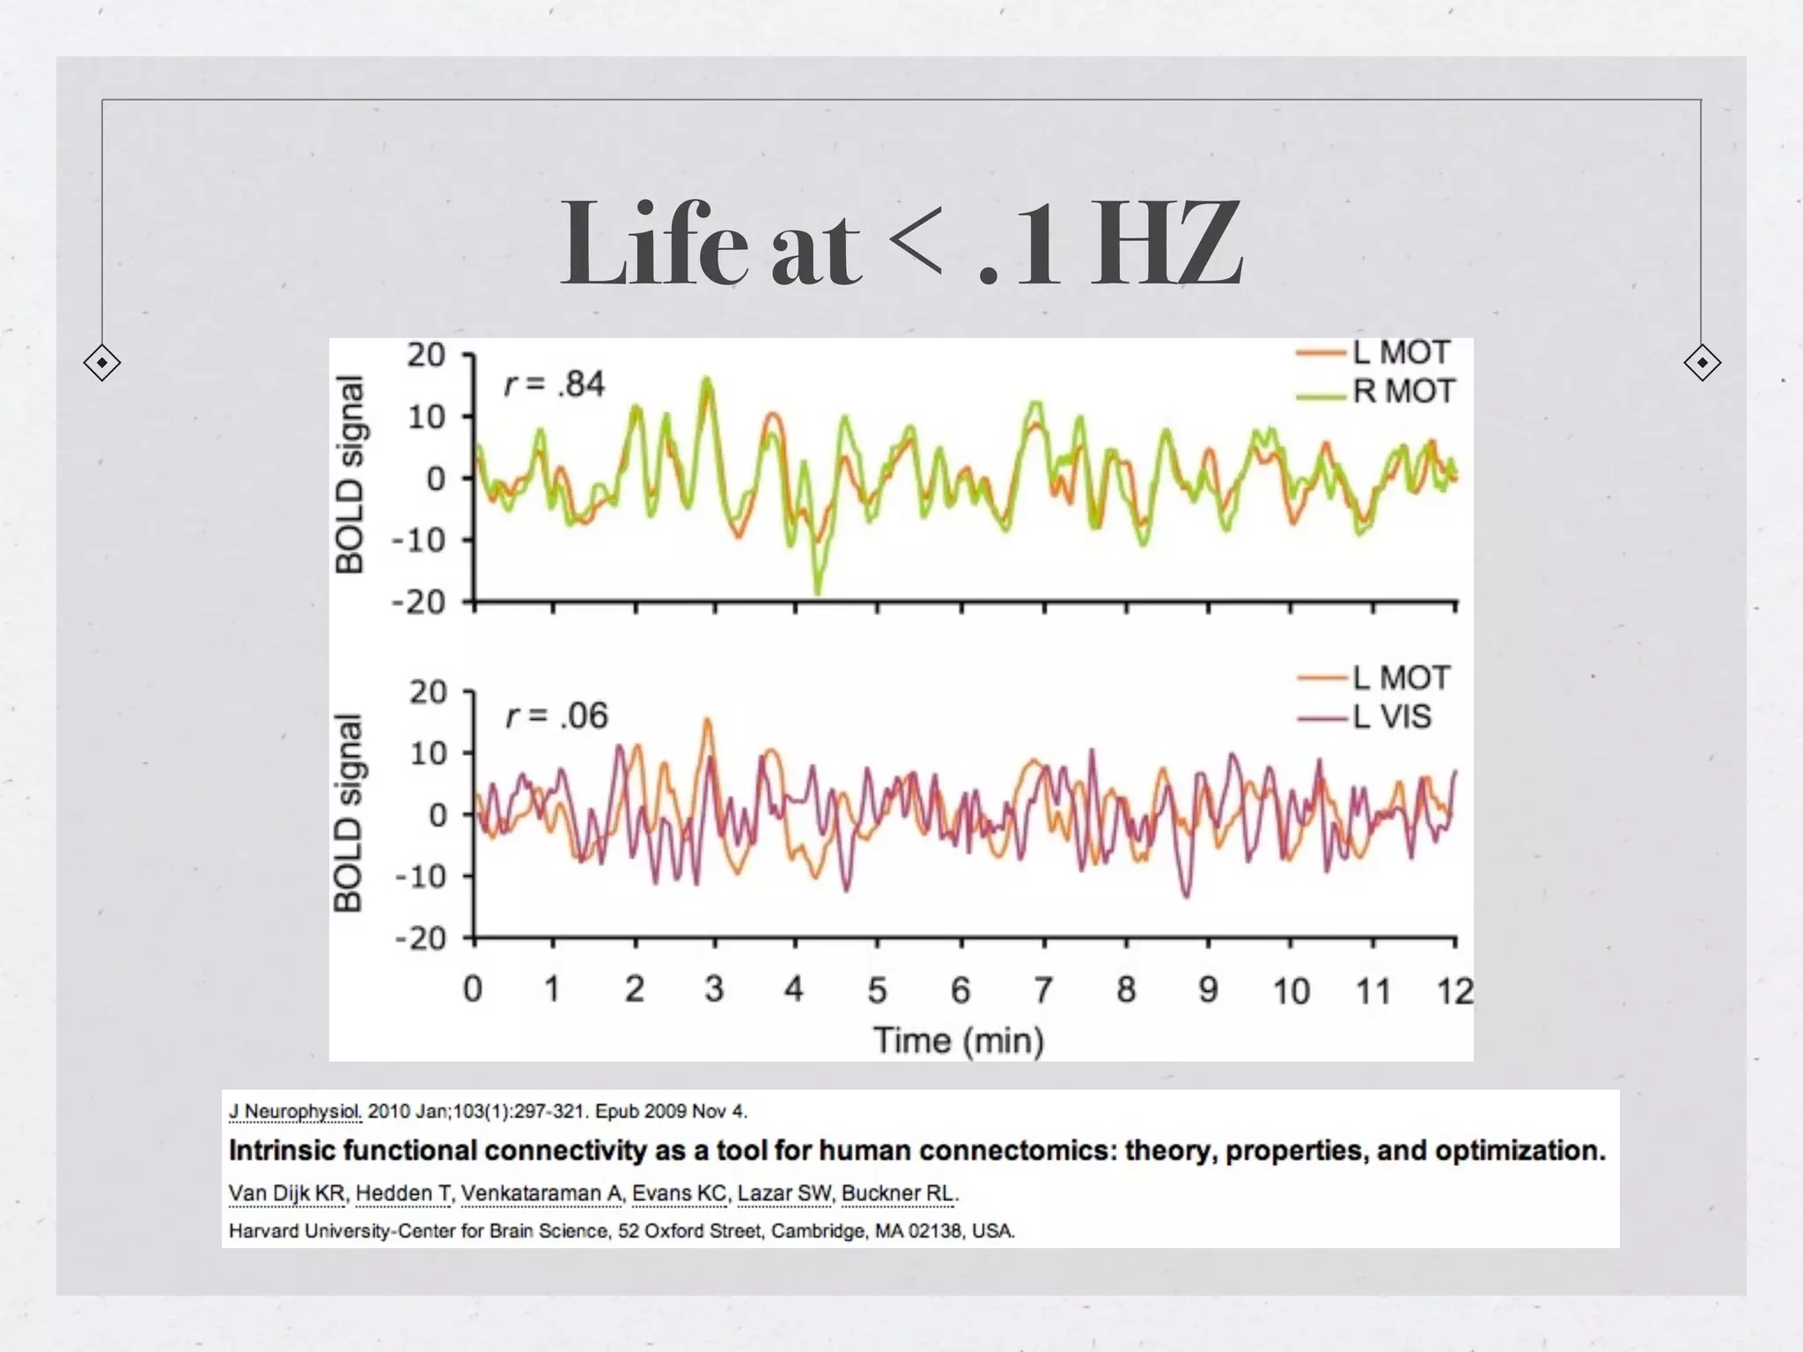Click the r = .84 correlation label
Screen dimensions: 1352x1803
tap(555, 385)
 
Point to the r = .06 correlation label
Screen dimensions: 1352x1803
tap(556, 716)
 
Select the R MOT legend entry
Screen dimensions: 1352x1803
tap(1402, 391)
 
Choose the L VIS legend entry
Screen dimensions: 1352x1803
tap(1391, 716)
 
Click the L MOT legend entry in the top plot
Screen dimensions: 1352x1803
tap(1400, 353)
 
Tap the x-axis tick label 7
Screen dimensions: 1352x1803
tap(1043, 990)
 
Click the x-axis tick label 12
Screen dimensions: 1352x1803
tap(1454, 991)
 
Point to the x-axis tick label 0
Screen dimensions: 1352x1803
tap(473, 989)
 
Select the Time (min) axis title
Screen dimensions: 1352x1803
tap(959, 1040)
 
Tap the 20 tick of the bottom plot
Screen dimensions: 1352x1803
tap(428, 693)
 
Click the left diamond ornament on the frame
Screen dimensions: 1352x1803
tap(102, 363)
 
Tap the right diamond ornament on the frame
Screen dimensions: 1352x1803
tap(1702, 363)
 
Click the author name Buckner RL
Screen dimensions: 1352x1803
tap(898, 1194)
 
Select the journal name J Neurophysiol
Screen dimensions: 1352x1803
tap(295, 1112)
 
